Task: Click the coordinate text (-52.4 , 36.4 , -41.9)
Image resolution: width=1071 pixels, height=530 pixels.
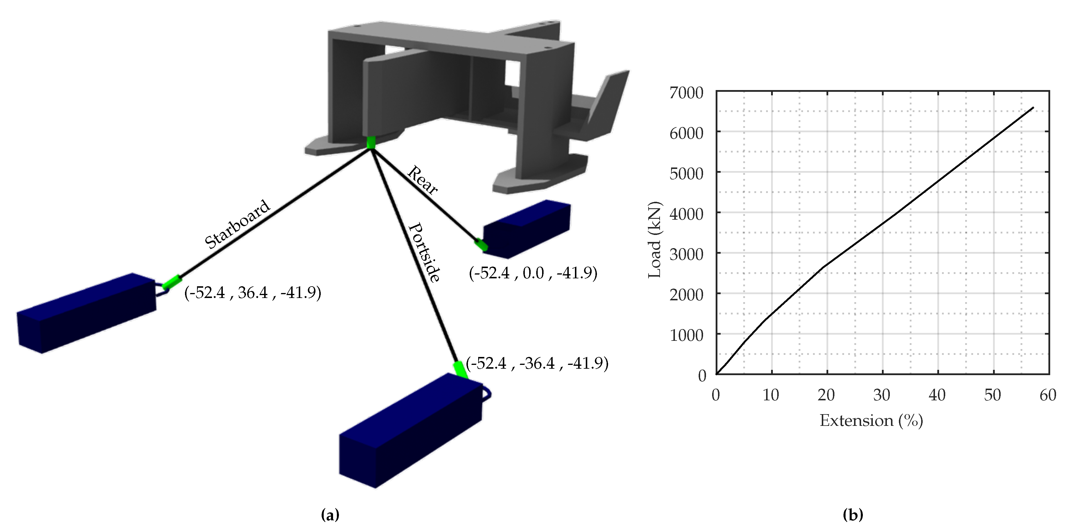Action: [253, 293]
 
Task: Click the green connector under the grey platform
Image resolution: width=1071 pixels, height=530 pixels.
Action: [371, 142]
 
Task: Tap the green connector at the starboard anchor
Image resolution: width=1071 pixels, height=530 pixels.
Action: [172, 282]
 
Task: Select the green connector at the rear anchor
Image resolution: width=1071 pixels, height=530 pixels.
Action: [481, 245]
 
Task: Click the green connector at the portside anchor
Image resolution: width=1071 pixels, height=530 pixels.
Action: [460, 370]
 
